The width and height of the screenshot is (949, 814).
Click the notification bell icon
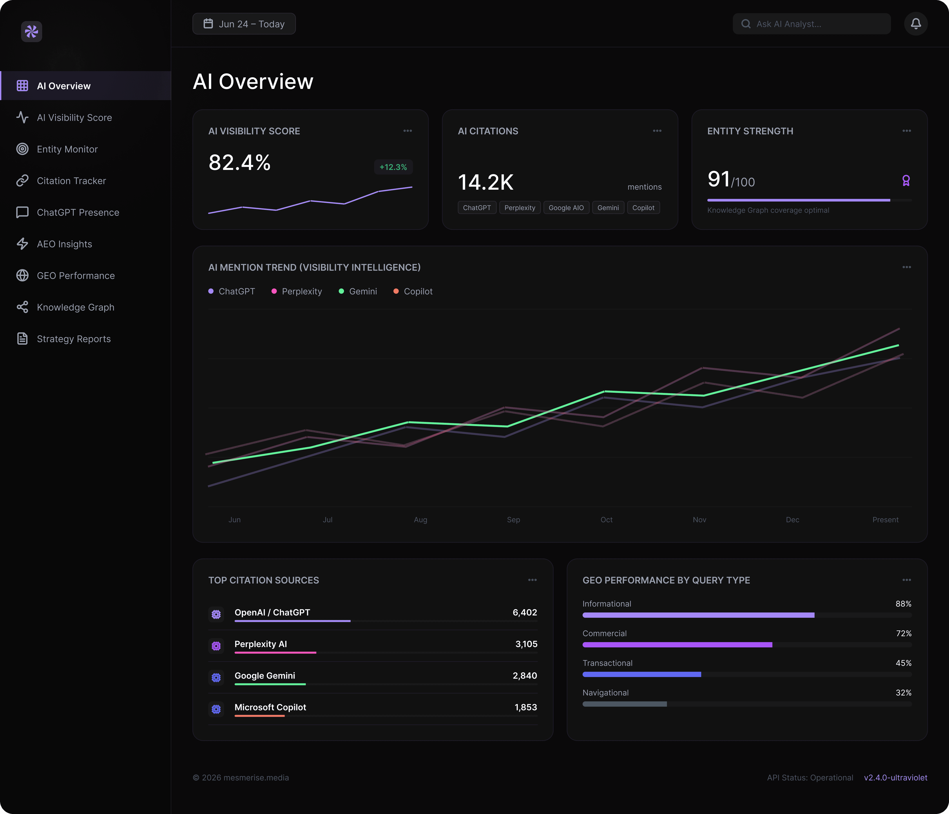[916, 24]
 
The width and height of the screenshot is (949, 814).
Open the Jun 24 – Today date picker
[244, 24]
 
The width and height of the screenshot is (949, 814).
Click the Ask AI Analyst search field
[812, 24]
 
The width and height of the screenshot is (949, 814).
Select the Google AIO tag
[566, 208]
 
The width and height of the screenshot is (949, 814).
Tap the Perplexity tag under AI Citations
[520, 208]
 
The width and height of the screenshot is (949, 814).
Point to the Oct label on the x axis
[606, 520]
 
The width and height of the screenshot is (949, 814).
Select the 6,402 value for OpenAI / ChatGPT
[525, 612]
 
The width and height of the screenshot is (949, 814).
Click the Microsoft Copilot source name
[270, 707]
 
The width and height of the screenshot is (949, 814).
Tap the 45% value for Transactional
[904, 663]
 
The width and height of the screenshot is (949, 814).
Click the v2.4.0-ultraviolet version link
[895, 777]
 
